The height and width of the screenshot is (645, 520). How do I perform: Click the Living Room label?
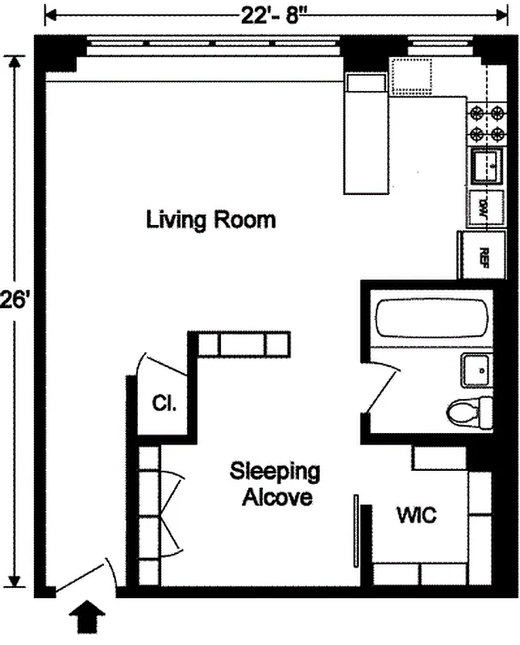click(x=210, y=219)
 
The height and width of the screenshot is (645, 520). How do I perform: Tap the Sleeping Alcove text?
click(x=276, y=484)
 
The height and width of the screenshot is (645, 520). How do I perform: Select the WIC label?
click(x=415, y=515)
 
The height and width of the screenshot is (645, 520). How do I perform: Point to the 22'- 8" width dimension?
click(x=275, y=15)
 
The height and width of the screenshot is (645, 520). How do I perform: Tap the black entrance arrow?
click(x=86, y=621)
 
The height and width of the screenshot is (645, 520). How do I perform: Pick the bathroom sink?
click(x=477, y=371)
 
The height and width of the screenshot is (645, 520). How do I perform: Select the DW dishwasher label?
click(x=485, y=207)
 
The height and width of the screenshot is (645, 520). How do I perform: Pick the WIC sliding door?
click(x=356, y=533)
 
